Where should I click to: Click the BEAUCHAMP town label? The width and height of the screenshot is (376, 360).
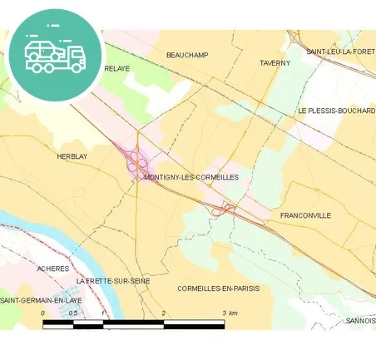(x=187, y=55)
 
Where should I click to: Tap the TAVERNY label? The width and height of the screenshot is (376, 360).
(x=275, y=63)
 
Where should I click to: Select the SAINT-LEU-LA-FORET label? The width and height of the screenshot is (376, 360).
(x=340, y=52)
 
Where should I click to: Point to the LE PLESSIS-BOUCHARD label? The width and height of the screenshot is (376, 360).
(x=336, y=111)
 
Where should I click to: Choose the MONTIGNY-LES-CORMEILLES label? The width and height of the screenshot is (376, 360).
(x=191, y=177)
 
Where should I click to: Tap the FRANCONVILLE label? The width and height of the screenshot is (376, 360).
(x=305, y=215)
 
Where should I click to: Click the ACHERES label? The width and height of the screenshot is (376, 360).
(x=52, y=269)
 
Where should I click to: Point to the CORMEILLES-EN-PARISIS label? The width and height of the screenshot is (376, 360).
(x=219, y=288)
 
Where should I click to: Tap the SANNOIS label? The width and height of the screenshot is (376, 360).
(x=360, y=320)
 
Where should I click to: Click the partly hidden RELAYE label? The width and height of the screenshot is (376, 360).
(x=117, y=69)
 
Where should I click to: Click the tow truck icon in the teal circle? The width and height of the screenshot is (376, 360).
(x=55, y=54)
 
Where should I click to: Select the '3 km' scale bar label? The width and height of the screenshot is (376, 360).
(x=230, y=313)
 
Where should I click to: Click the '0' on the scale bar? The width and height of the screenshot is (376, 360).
(x=43, y=313)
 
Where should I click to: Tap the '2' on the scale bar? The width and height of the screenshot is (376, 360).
(x=164, y=313)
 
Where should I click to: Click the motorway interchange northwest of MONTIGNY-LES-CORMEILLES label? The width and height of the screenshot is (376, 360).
(x=135, y=160)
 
